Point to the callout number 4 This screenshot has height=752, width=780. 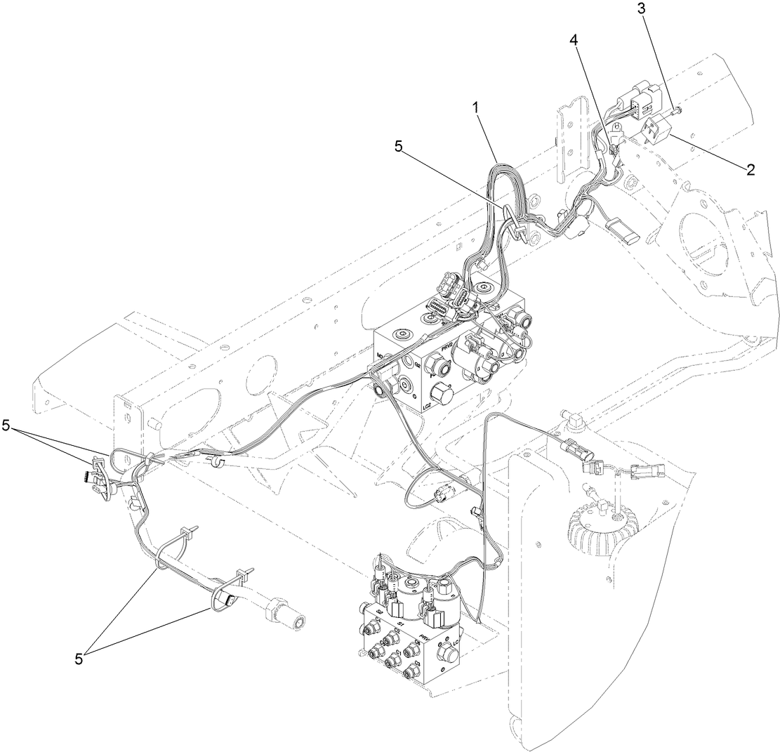pyautogui.click(x=574, y=41)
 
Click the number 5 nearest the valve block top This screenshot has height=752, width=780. pyautogui.click(x=399, y=147)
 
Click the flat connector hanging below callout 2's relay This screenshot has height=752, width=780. pyautogui.click(x=623, y=232)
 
